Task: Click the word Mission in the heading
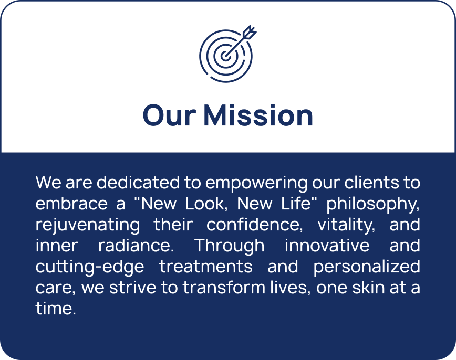coord(258,115)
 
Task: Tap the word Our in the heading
coord(169,115)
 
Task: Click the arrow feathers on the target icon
coord(250,31)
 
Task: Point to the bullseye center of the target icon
coord(225,56)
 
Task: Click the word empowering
coord(256,183)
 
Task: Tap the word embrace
coord(71,204)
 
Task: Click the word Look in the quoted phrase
coord(206,204)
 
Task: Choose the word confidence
coord(255,225)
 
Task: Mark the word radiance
coord(136,246)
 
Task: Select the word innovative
coord(327,246)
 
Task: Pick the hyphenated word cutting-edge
coord(90,267)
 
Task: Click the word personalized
coord(367,267)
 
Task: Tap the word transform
coord(224,288)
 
